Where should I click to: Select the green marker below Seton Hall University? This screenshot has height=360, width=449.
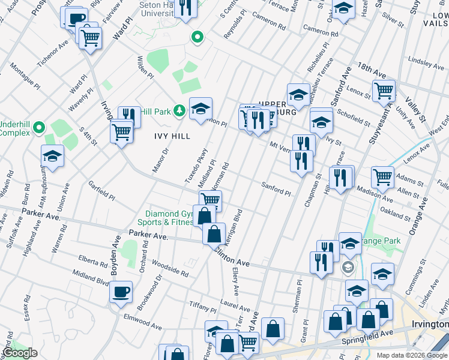(x=196, y=38)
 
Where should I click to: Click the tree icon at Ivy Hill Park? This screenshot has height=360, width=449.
(x=179, y=110)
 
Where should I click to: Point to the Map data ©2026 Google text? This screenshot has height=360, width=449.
(x=412, y=355)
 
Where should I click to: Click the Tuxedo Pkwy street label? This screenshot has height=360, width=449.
(x=200, y=166)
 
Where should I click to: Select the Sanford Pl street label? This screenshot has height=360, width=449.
(x=275, y=190)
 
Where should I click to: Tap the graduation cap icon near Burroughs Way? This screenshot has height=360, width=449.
(x=53, y=157)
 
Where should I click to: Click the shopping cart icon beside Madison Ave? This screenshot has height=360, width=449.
(x=382, y=177)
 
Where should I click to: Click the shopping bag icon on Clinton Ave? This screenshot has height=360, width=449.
(x=214, y=235)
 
